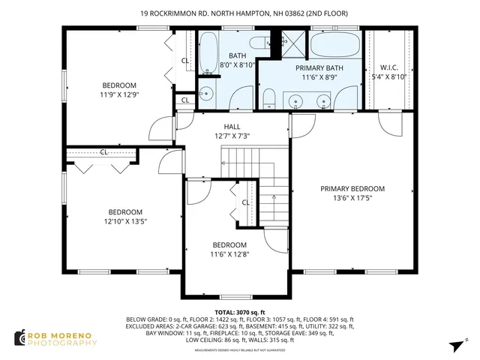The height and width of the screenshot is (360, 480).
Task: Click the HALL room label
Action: tap(232, 127)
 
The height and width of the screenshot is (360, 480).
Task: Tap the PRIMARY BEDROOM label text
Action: tap(352, 189)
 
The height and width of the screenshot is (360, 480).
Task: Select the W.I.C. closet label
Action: tap(388, 67)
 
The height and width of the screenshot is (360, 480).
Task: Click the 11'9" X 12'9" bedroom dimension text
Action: tap(119, 95)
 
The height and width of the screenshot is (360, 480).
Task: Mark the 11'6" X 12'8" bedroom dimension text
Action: tap(229, 255)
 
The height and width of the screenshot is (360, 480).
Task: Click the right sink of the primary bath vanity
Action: tap(325, 100)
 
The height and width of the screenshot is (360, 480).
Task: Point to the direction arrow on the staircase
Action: tap(274, 198)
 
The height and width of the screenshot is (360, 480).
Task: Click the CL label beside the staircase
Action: tap(245, 202)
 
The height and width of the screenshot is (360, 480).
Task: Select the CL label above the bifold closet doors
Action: tap(104, 151)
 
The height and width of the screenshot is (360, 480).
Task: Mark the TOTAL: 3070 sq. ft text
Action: tap(240, 312)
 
